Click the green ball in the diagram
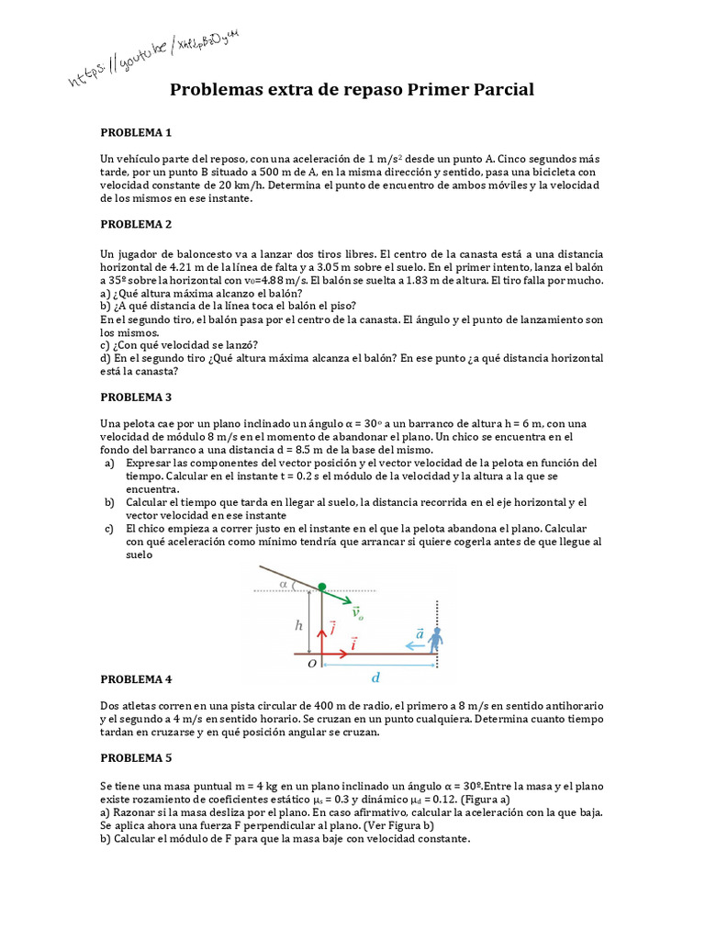(x=322, y=586)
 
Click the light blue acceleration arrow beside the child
(x=416, y=645)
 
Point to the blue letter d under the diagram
(x=375, y=678)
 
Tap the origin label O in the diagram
(x=311, y=663)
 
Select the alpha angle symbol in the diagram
(x=284, y=582)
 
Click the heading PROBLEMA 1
(x=136, y=132)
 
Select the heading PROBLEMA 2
(x=136, y=223)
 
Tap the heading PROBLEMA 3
(x=136, y=397)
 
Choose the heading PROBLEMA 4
(x=136, y=678)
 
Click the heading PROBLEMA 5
(x=136, y=758)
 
